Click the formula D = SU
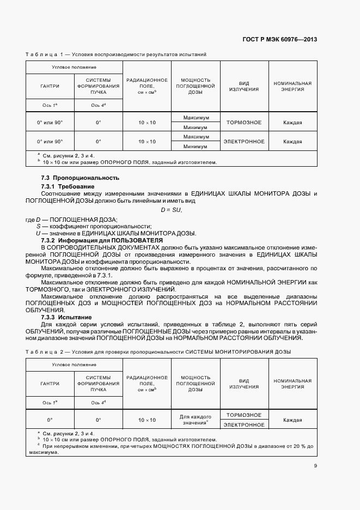[x=171, y=210]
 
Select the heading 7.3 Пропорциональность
[x=80, y=178]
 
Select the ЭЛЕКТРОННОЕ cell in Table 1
[x=244, y=142]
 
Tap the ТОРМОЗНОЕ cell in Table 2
[x=243, y=415]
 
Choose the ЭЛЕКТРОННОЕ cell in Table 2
[x=244, y=425]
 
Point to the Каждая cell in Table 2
[x=292, y=420]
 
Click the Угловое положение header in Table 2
[x=74, y=363]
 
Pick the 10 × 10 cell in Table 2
[x=147, y=420]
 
